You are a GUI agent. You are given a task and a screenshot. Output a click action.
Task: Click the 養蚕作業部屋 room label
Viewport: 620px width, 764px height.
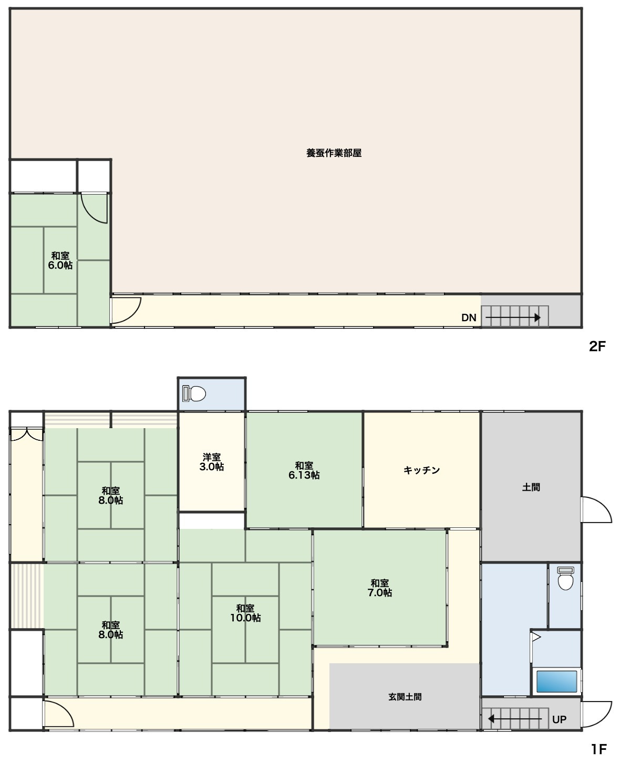pyautogui.click(x=334, y=153)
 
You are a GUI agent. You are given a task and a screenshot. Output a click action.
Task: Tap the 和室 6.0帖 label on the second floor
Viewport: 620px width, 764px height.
pyautogui.click(x=60, y=260)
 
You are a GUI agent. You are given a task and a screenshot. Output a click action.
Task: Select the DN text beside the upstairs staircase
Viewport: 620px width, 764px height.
pyautogui.click(x=469, y=317)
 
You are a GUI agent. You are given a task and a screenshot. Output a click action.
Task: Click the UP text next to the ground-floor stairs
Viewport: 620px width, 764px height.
pyautogui.click(x=559, y=719)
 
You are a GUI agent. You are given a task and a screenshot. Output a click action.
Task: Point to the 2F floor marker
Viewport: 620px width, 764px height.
pyautogui.click(x=597, y=346)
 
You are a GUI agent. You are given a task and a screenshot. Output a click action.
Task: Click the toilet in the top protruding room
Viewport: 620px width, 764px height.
pyautogui.click(x=194, y=394)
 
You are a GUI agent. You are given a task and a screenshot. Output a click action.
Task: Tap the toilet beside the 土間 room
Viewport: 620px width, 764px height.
pyautogui.click(x=565, y=578)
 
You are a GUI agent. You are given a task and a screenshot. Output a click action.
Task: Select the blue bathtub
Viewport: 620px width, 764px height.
pyautogui.click(x=556, y=681)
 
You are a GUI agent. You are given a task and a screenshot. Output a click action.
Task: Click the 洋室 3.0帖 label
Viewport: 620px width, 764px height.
pyautogui.click(x=212, y=462)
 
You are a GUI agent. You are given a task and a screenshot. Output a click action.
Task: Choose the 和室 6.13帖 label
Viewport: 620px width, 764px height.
pyautogui.click(x=304, y=470)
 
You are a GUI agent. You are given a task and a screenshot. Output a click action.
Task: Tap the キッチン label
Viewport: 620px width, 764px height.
pyautogui.click(x=421, y=470)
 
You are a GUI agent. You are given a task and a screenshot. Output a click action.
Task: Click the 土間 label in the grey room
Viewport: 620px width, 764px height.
pyautogui.click(x=531, y=487)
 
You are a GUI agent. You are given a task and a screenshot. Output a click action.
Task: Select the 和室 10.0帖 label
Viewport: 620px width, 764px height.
pyautogui.click(x=245, y=613)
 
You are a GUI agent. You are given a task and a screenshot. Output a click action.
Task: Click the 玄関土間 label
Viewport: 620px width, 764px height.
pyautogui.click(x=405, y=697)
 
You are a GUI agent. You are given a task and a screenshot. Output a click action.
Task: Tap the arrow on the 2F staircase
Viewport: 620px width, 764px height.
pyautogui.click(x=513, y=317)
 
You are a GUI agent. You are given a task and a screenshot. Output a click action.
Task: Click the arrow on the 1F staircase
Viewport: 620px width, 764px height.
pyautogui.click(x=514, y=719)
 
